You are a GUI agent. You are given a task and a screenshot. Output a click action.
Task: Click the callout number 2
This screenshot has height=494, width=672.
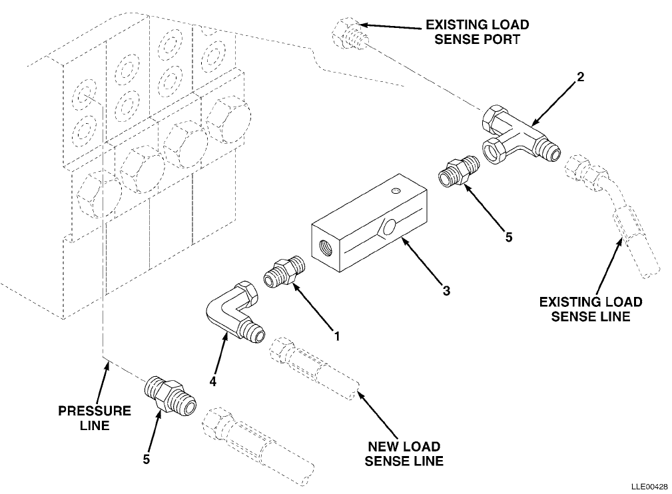coord(580,77)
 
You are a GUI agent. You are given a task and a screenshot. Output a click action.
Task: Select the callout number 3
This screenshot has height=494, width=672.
coord(446,291)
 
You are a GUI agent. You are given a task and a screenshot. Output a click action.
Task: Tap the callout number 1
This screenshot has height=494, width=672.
coord(337,336)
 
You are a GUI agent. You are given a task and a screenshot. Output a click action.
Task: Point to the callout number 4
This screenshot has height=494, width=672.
coord(213,381)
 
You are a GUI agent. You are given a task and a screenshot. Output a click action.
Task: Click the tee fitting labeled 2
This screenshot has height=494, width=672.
coord(520,135)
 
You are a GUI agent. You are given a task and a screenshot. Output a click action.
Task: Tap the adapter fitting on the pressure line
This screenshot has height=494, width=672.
coord(170,396)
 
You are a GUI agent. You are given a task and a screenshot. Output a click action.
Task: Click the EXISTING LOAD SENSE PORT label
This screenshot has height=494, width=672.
coord(477,32)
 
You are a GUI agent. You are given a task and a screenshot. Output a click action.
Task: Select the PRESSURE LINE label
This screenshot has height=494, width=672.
coord(95,417)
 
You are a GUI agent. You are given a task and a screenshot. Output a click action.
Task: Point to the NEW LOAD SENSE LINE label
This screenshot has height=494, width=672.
coord(404,454)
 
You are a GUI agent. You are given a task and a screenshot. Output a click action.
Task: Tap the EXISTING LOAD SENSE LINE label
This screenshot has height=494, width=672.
coord(591,309)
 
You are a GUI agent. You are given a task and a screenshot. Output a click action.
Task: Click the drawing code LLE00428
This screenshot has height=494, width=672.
coord(649,487)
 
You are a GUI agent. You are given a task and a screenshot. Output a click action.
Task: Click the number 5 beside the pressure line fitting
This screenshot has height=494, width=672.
coord(146,459)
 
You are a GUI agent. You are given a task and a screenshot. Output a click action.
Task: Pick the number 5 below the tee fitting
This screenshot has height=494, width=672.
coord(509,237)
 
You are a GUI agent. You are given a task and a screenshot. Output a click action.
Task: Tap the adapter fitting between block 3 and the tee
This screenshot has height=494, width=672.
coord(458,171)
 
